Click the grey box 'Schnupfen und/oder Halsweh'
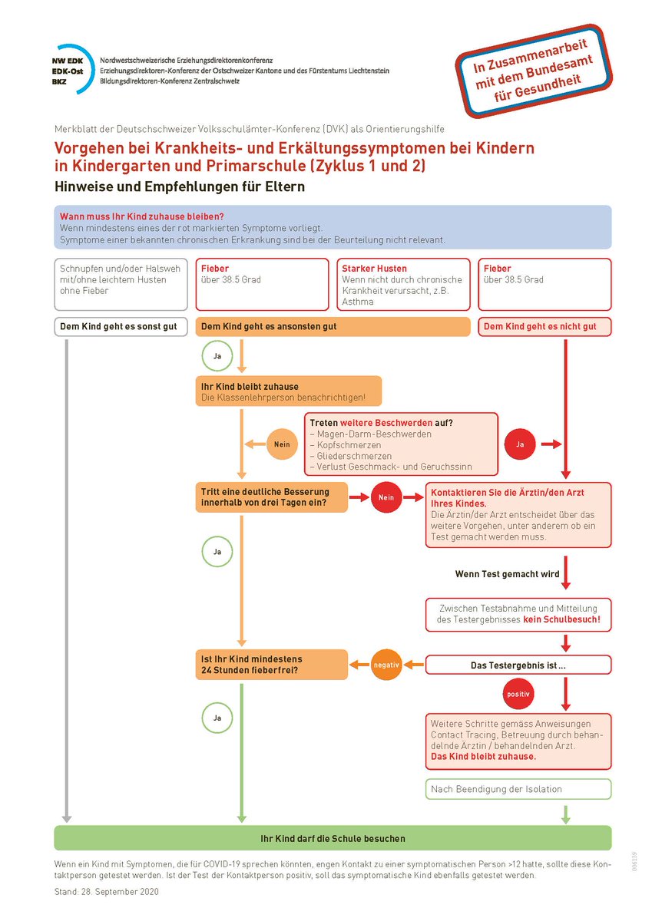pyautogui.click(x=121, y=284)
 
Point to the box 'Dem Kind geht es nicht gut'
pyautogui.click(x=544, y=327)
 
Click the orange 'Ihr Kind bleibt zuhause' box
pyautogui.click(x=288, y=391)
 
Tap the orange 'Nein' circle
pyautogui.click(x=281, y=444)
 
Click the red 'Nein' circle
pyautogui.click(x=386, y=497)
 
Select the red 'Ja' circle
pyautogui.click(x=519, y=444)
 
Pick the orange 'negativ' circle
pyautogui.click(x=386, y=665)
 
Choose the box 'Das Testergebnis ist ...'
pyautogui.click(x=518, y=665)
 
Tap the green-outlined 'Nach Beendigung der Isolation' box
pyautogui.click(x=518, y=789)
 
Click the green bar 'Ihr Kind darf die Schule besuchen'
pyautogui.click(x=333, y=838)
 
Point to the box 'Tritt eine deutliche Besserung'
pyautogui.click(x=271, y=497)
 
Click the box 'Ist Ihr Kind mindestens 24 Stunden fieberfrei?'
pyautogui.click(x=271, y=665)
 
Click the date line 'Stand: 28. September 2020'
pyautogui.click(x=107, y=892)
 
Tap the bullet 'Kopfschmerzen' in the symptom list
pyautogui.click(x=346, y=445)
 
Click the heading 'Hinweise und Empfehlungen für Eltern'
pyautogui.click(x=179, y=187)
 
